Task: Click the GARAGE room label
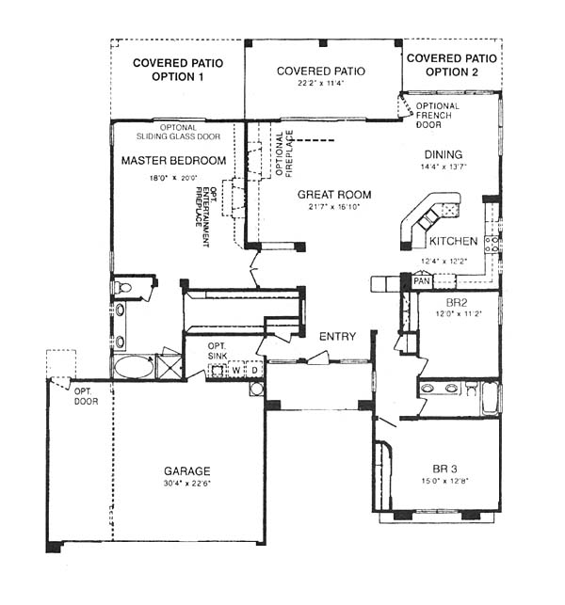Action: (x=186, y=470)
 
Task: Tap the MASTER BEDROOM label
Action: (x=174, y=160)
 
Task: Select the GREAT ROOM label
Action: (x=334, y=195)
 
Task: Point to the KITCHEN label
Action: (x=453, y=241)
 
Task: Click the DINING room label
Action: (x=444, y=154)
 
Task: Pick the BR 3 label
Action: (x=444, y=469)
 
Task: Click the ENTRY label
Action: (x=337, y=337)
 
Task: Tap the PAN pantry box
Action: (x=422, y=281)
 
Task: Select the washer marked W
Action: (x=236, y=370)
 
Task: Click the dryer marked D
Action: (x=254, y=370)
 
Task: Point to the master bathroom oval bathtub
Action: (x=133, y=367)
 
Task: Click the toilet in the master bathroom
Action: (x=122, y=288)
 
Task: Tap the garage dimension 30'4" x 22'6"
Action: (x=186, y=483)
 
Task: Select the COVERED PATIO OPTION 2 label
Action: (x=452, y=65)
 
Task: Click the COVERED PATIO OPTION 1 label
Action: (x=178, y=70)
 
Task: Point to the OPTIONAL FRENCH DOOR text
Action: (x=437, y=116)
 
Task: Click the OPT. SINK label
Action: (x=218, y=351)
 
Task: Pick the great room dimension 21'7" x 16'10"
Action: (x=334, y=207)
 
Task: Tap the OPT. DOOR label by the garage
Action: (x=86, y=397)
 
